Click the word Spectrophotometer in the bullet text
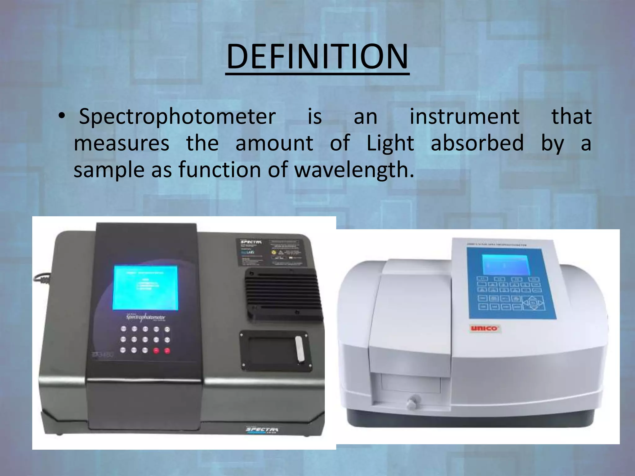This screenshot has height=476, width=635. coord(177,117)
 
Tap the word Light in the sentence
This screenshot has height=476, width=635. coord(390,143)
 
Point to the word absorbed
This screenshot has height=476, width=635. coord(477,143)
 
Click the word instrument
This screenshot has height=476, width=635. coord(464,117)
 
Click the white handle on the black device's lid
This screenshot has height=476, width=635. coord(299,349)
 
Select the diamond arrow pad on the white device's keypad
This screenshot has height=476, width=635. coord(533,302)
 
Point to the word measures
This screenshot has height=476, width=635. coord(122,143)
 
